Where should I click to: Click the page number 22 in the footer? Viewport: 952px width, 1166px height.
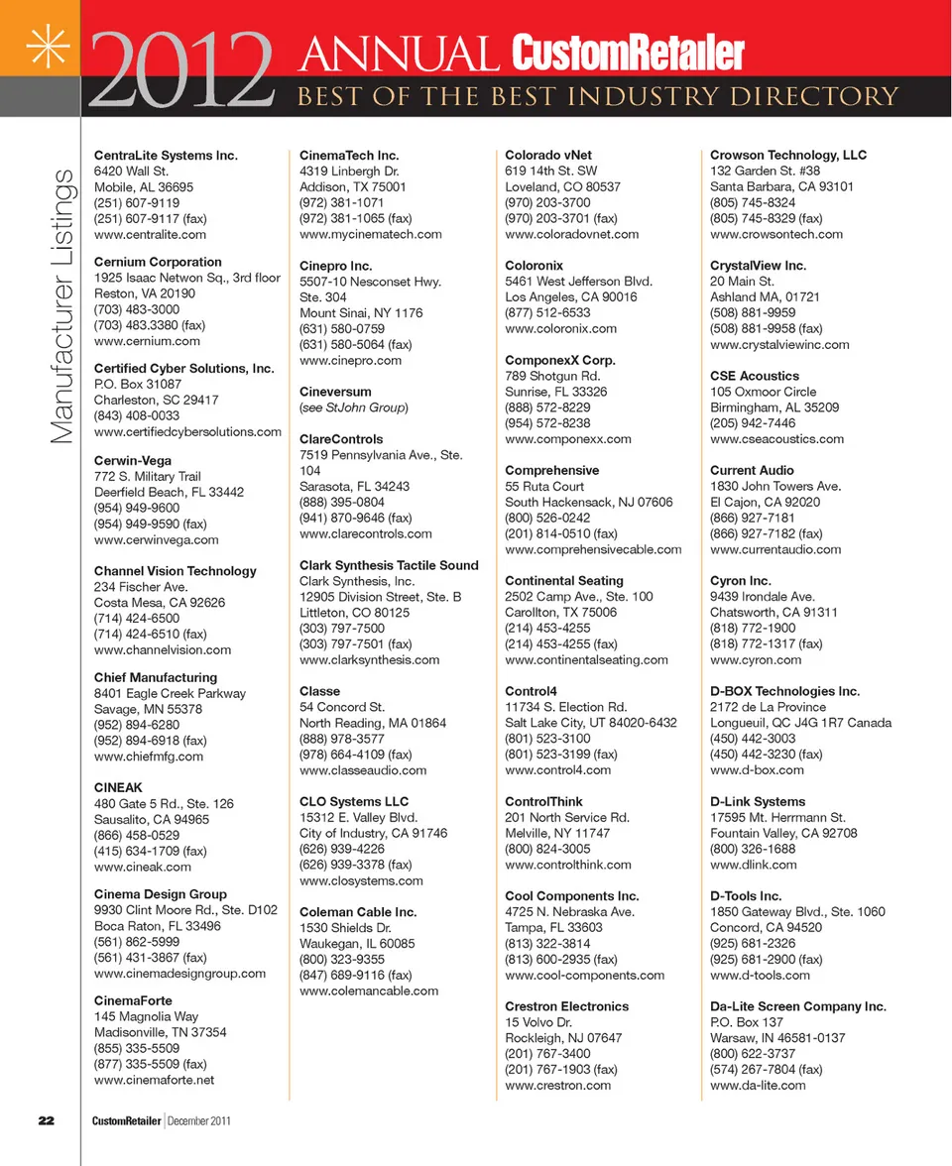click(x=46, y=1120)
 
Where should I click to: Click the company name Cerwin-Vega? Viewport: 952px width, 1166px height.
click(x=133, y=460)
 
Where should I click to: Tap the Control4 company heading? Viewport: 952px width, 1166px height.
click(x=531, y=691)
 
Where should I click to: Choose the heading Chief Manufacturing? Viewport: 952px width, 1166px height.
click(x=156, y=677)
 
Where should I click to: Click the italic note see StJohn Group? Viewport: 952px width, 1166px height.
click(x=353, y=408)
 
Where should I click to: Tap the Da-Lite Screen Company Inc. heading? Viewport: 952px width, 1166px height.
click(x=798, y=1006)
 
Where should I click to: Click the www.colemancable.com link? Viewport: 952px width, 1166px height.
click(x=369, y=991)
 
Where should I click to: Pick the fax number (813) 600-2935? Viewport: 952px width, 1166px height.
click(x=561, y=959)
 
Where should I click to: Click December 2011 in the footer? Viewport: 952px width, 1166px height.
click(x=206, y=1120)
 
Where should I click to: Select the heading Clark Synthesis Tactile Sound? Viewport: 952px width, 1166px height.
click(x=389, y=565)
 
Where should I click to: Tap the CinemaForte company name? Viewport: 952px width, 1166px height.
click(x=133, y=1000)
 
